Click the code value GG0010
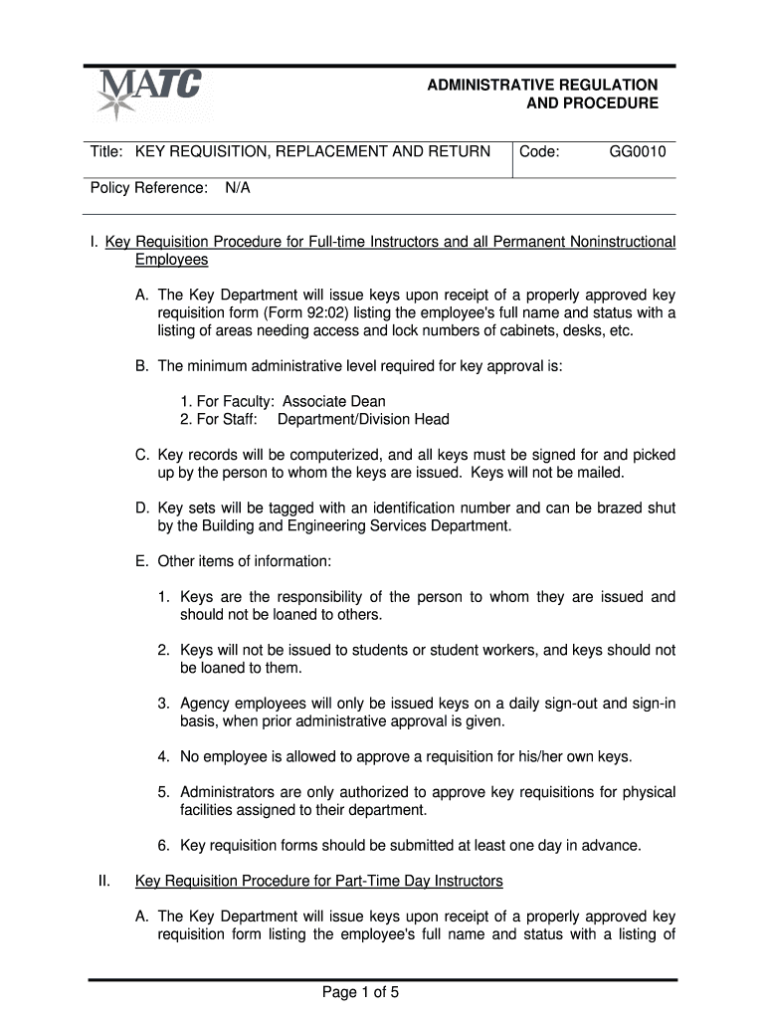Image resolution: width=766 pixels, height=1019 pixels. (638, 153)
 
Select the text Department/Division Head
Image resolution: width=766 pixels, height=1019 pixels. (363, 419)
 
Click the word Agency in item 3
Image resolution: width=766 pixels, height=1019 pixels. (205, 704)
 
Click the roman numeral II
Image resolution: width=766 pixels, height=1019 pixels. (102, 881)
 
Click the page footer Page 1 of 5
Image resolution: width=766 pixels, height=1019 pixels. (360, 992)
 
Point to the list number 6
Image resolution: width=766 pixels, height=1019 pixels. (163, 846)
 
